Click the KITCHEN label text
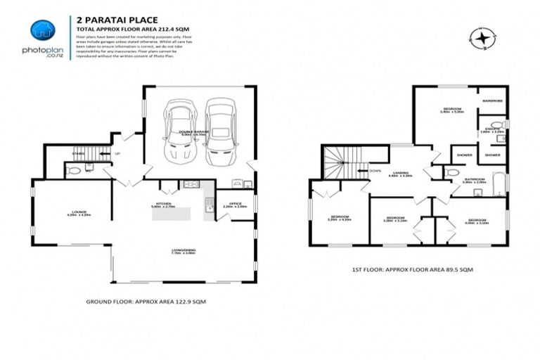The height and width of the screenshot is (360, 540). coord(164,205)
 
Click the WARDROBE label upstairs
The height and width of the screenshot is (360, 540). coord(491,101)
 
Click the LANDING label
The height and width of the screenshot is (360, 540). coord(402,173)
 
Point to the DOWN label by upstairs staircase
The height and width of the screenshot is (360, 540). coord(375,169)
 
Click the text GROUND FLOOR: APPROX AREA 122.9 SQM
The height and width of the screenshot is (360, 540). coord(146,300)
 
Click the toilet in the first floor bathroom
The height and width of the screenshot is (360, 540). coord(452,172)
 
